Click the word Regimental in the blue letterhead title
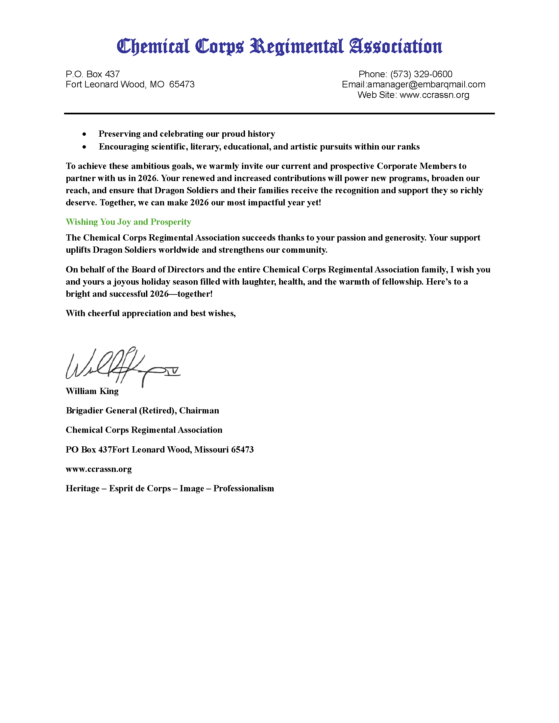[296, 47]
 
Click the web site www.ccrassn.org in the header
[434, 95]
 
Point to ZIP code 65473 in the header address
[182, 84]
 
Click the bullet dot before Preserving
[85, 134]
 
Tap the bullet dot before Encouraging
[85, 147]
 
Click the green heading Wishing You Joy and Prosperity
[129, 222]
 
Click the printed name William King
[92, 391]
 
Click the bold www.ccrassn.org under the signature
[99, 469]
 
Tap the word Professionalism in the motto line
[243, 489]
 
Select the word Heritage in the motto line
[83, 489]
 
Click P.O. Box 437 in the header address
[93, 74]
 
